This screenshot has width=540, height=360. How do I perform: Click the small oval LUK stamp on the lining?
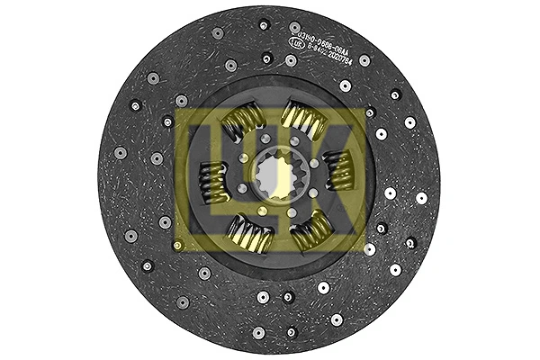click(296, 40)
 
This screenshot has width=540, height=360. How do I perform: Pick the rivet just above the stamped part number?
click(295, 27)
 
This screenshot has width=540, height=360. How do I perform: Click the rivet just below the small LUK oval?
click(291, 60)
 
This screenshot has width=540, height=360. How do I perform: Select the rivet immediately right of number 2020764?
click(364, 60)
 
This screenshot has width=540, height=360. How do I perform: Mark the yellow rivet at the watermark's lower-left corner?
click(178, 244)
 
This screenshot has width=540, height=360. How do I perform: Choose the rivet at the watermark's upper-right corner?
click(369, 112)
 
